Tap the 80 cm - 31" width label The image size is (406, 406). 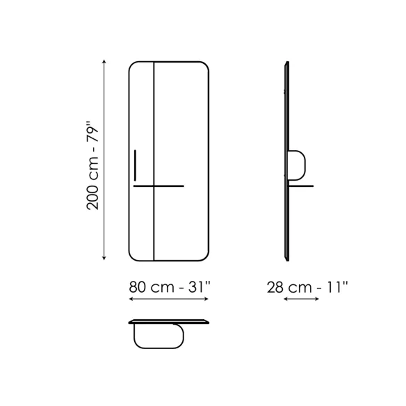coord(170,287)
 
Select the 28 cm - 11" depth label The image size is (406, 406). coord(307,287)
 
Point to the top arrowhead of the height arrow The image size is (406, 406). coord(104,62)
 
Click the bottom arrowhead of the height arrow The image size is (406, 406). coord(104,258)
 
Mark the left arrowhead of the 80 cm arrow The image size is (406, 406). coord(131,299)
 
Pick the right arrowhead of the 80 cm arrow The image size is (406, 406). coord(206,299)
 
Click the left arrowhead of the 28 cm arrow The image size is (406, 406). coord(286,299)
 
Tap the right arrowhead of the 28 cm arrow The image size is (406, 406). coord(317,299)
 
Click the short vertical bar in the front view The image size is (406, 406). coord(135,165)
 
